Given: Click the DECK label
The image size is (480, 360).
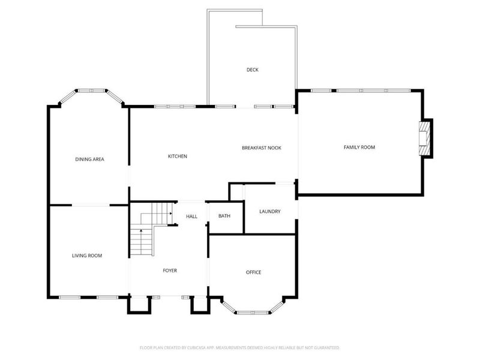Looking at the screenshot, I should point(253,70).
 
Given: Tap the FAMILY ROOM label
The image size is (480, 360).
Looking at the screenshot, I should point(359,147).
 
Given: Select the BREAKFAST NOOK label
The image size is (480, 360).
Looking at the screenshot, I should point(262,148).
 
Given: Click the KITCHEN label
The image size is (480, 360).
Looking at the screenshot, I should point(178,156).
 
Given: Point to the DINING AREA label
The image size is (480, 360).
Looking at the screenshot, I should point(90,159).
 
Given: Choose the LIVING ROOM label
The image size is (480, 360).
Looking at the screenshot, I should point(87,256).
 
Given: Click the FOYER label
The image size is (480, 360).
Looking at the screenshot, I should point(170,271).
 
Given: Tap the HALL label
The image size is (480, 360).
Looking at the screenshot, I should point(191,216).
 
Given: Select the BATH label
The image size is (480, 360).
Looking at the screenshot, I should point(224,216).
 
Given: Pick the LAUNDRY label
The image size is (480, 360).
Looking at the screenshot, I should point(269,211).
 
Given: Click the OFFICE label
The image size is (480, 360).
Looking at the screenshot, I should point(253,272).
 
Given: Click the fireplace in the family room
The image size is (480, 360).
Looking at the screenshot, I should point(425,138).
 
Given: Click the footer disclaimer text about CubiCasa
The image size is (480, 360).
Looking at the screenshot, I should point(240,347).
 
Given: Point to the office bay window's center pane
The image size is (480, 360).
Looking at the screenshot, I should point(253,313).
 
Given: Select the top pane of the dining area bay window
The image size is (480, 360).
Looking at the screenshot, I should point(91,91).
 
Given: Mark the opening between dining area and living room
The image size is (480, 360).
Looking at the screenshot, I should point(90,205).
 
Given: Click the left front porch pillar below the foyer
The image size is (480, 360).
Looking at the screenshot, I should point(139,305).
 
